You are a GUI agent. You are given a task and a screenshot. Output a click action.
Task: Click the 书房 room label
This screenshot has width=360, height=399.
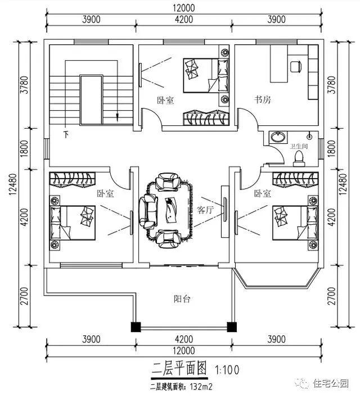point(263,100)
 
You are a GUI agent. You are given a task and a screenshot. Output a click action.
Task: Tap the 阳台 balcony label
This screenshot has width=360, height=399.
point(182,299)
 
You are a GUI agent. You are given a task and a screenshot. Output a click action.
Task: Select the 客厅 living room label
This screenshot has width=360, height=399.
point(205,209)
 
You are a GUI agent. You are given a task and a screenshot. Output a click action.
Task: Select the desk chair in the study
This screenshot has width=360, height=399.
point(295,67)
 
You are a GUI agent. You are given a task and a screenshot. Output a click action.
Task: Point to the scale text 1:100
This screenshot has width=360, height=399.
point(228,370)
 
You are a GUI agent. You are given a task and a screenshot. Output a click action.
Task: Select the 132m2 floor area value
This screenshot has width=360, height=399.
point(201,387)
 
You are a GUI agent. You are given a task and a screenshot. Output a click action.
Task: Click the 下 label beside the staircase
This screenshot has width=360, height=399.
point(66,135)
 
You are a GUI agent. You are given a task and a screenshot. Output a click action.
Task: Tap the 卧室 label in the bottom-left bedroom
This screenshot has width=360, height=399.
point(105,193)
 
